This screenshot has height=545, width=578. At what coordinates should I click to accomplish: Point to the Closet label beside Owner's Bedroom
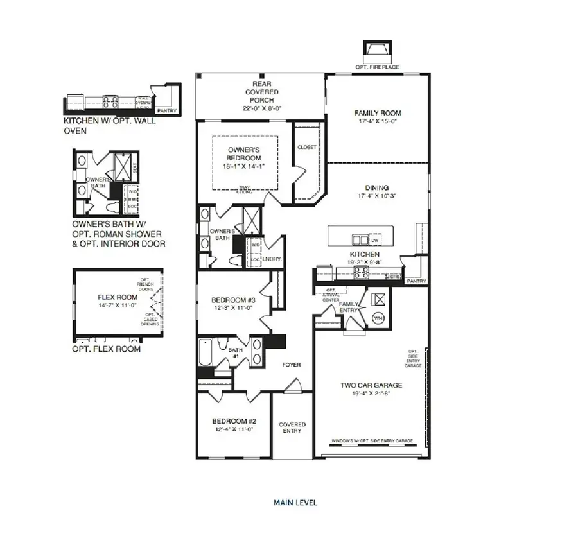tap(306, 147)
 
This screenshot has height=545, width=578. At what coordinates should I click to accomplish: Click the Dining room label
tap(377, 188)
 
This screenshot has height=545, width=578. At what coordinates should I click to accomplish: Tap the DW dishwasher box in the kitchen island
tap(374, 240)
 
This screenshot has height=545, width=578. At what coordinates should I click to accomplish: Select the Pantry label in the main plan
tap(417, 281)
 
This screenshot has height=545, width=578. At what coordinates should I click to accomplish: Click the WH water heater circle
tap(378, 317)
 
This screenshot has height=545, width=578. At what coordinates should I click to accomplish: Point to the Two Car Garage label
tap(371, 385)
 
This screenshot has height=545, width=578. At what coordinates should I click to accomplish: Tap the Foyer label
tap(292, 365)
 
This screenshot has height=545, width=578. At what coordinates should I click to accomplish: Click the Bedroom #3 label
tap(234, 300)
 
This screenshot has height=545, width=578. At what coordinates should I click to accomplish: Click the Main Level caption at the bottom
tap(295, 503)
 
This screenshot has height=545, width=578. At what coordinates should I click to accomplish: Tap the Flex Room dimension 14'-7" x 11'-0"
tap(118, 306)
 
